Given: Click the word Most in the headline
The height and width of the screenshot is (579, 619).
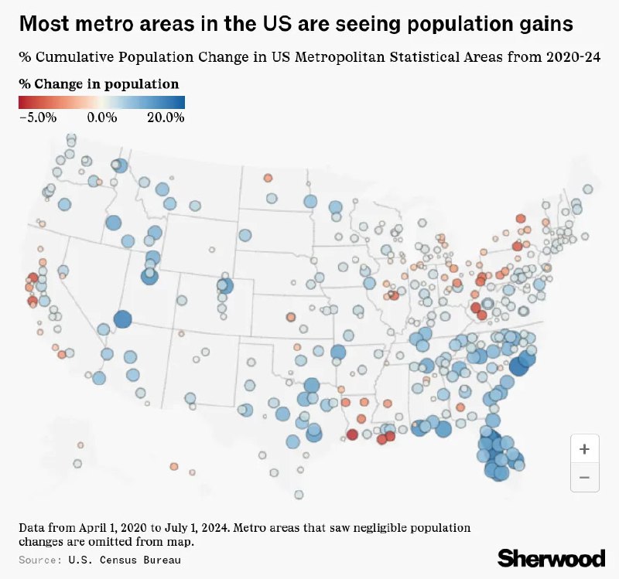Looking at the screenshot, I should [x=40, y=24].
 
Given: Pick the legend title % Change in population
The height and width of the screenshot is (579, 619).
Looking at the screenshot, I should [x=99, y=83].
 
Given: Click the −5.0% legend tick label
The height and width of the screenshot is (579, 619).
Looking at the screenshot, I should [x=38, y=118].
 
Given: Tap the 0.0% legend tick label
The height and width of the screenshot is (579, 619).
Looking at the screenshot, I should [x=101, y=118].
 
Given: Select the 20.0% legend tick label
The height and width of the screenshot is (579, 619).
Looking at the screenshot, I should [x=166, y=118].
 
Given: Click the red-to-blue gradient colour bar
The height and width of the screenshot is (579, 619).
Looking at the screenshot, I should [x=101, y=101].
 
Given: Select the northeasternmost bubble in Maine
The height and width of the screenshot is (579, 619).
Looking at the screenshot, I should [x=588, y=189].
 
